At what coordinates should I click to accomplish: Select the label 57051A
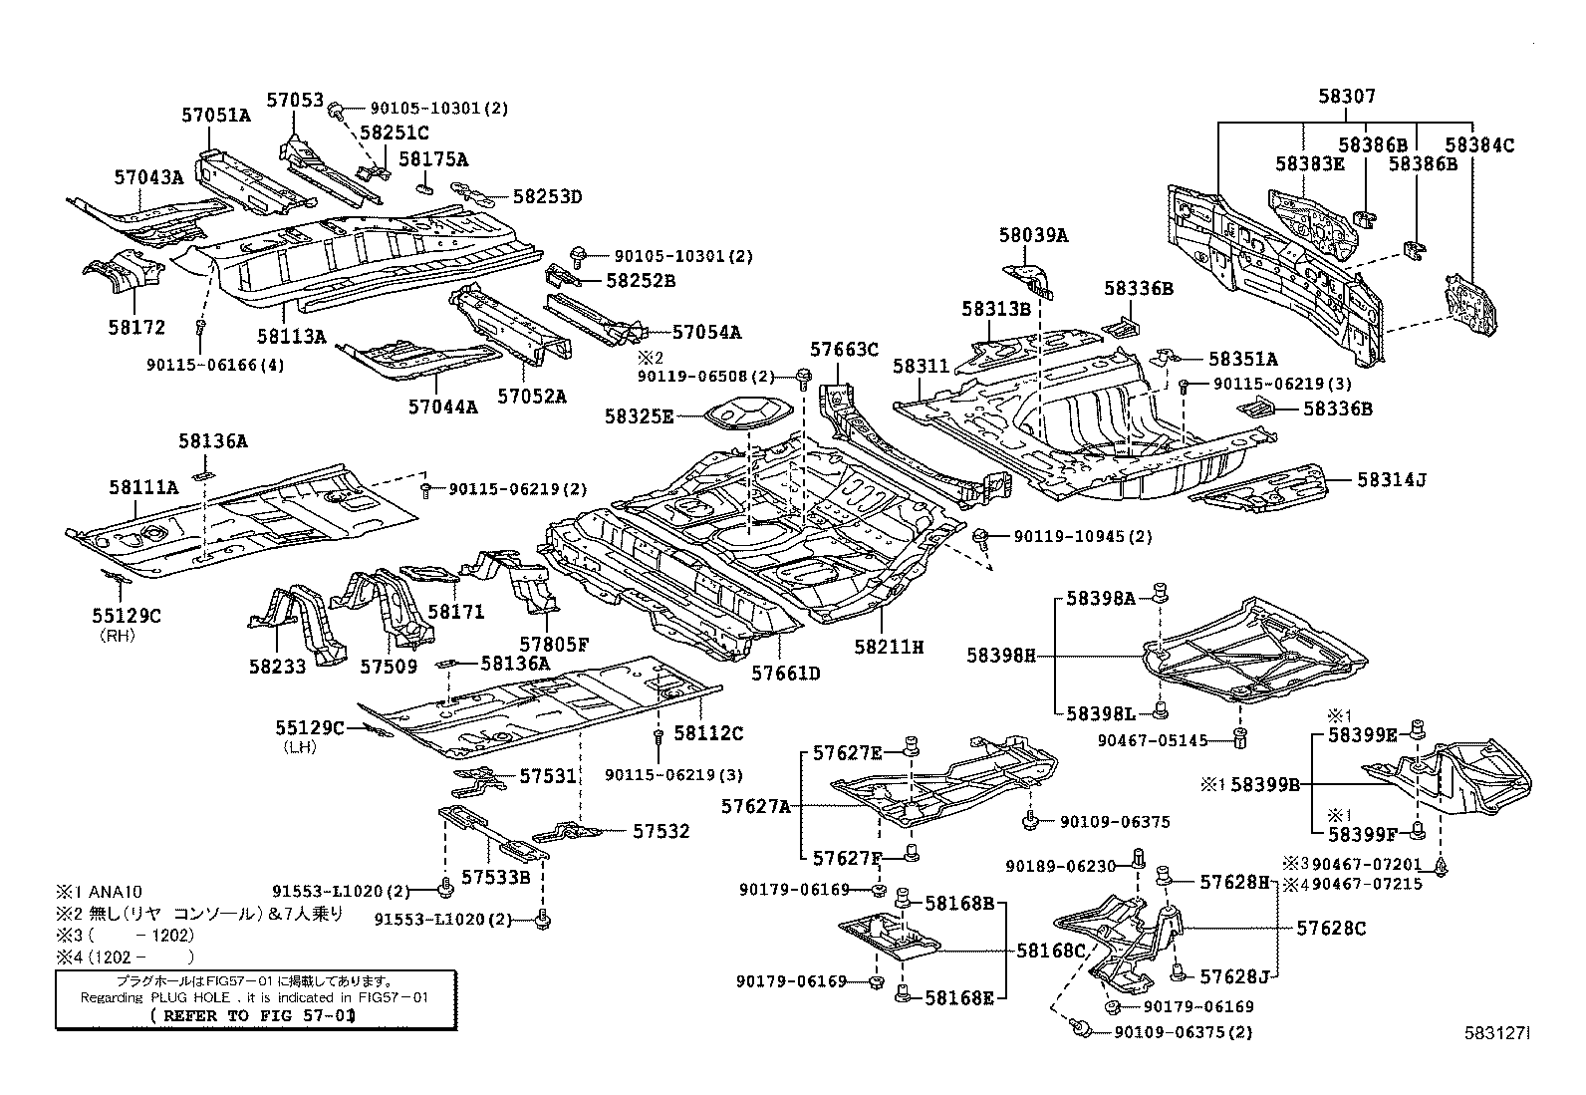coord(215,115)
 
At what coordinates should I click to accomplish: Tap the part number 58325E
coord(639,416)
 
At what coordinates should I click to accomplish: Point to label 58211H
coord(889,647)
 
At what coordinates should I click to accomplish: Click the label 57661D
coord(785,674)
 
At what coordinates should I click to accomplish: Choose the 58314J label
coord(1391,480)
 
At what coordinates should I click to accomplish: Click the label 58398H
coord(1000,655)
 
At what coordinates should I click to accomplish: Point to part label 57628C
coord(1331,928)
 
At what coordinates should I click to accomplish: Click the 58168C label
coord(1051,951)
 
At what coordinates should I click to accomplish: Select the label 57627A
coord(757,805)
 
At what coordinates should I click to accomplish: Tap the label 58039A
coord(1033,235)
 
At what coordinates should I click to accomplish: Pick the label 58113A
coord(291,337)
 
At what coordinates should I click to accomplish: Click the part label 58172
coord(132,327)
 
